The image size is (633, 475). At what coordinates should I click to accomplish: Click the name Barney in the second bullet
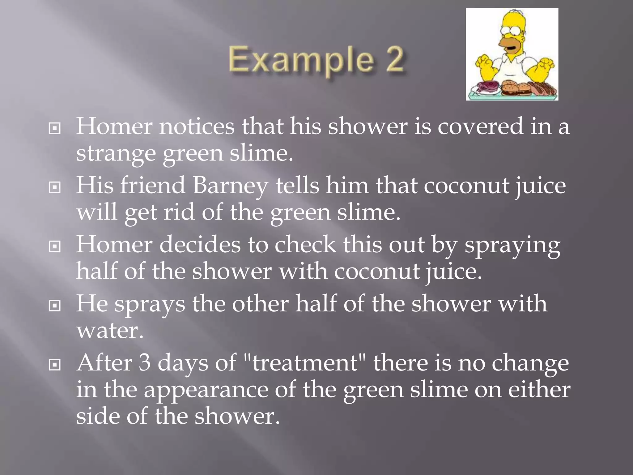(x=230, y=186)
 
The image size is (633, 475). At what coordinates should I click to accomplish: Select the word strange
(x=116, y=154)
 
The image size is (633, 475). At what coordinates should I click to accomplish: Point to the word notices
(x=197, y=126)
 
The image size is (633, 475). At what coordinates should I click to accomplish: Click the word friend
(x=153, y=185)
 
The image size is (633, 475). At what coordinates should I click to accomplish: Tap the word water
(x=110, y=331)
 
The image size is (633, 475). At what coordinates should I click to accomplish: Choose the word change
(x=530, y=363)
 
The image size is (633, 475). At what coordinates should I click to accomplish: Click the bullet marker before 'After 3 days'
(x=55, y=365)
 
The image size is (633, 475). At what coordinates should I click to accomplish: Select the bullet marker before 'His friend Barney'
(x=55, y=187)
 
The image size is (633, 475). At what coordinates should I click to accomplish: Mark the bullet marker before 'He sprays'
(x=55, y=306)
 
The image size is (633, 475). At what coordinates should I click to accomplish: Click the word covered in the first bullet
(x=480, y=126)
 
